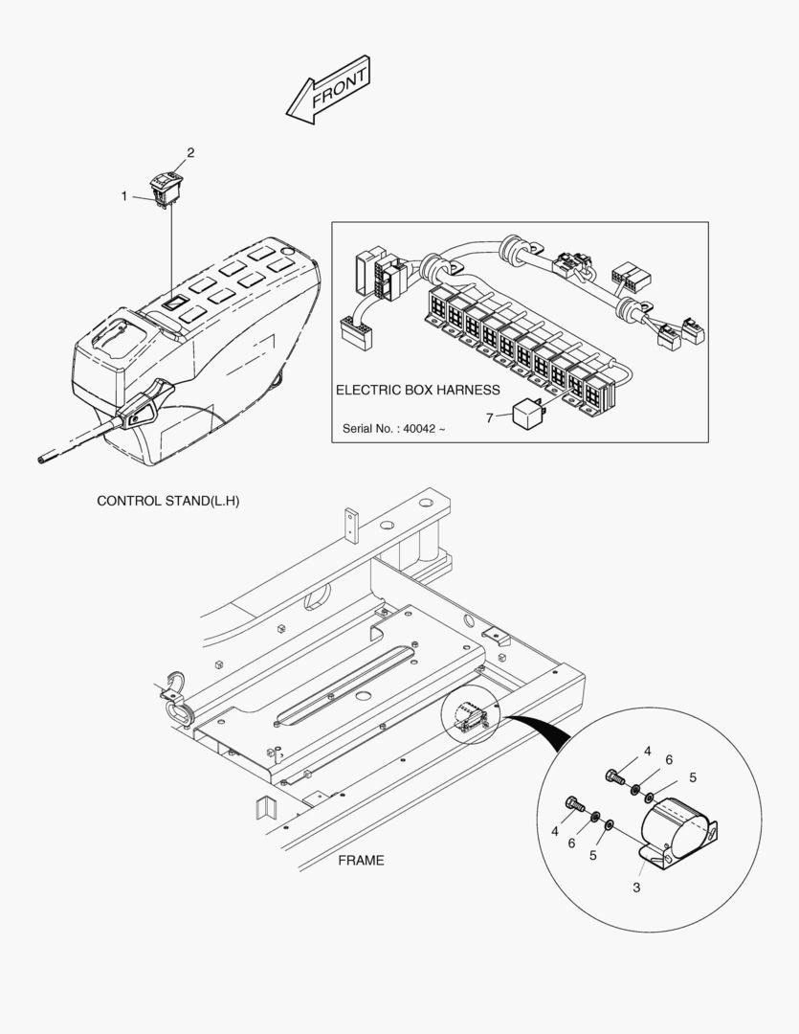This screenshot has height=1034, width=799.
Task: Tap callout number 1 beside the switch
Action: [x=123, y=196]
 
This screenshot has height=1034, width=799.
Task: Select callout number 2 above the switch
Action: [x=190, y=152]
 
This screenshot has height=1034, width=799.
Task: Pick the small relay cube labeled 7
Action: [x=529, y=415]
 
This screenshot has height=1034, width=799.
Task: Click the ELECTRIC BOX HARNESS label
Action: [x=417, y=390]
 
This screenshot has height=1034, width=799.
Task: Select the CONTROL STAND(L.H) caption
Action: [x=168, y=501]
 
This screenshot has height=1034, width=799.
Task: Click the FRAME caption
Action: [x=361, y=860]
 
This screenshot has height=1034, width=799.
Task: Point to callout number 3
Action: [x=636, y=888]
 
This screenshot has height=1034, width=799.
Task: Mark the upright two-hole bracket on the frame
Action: [x=351, y=526]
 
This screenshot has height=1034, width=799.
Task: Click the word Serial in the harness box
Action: [x=361, y=428]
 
